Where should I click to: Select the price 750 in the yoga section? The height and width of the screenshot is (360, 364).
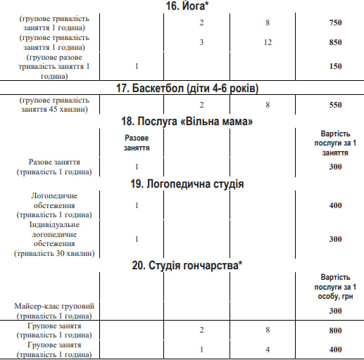[x=335, y=22]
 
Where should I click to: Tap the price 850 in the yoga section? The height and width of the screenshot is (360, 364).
[x=335, y=42]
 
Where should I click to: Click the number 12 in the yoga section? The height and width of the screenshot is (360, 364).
[x=268, y=42]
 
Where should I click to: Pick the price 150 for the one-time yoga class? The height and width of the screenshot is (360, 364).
[x=335, y=66]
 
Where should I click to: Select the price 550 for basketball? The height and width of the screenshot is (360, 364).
[x=335, y=105]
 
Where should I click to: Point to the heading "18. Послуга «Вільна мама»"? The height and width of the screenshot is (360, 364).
[x=182, y=121]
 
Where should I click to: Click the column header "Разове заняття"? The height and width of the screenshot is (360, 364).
[x=136, y=143]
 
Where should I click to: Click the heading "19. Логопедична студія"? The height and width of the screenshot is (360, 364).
[x=182, y=184]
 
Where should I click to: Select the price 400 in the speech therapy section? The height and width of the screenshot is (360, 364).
[x=335, y=205]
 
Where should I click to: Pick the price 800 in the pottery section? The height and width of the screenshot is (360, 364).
[x=335, y=330]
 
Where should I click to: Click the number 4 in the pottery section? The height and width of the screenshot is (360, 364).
[x=268, y=349]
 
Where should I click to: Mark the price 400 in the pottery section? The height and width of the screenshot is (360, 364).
[x=335, y=349]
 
